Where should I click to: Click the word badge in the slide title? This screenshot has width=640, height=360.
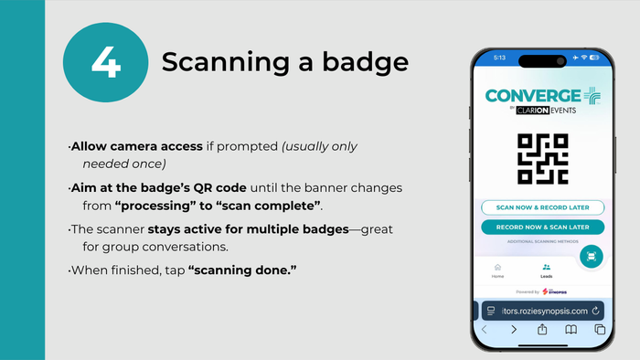coord(362,61)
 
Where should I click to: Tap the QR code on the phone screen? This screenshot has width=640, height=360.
coord(543,161)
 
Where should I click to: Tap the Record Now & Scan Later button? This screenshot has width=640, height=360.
coord(543,227)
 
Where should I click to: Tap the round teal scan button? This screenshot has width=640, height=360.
coord(592,257)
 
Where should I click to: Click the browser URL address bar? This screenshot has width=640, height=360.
coord(543,310)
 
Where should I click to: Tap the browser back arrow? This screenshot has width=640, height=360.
coord(485,329)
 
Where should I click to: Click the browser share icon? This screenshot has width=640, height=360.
coord(542,329)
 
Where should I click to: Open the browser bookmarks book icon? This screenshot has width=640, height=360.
coord(571,329)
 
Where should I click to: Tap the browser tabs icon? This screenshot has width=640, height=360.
coord(599,329)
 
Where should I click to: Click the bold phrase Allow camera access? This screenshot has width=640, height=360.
coord(128,146)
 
